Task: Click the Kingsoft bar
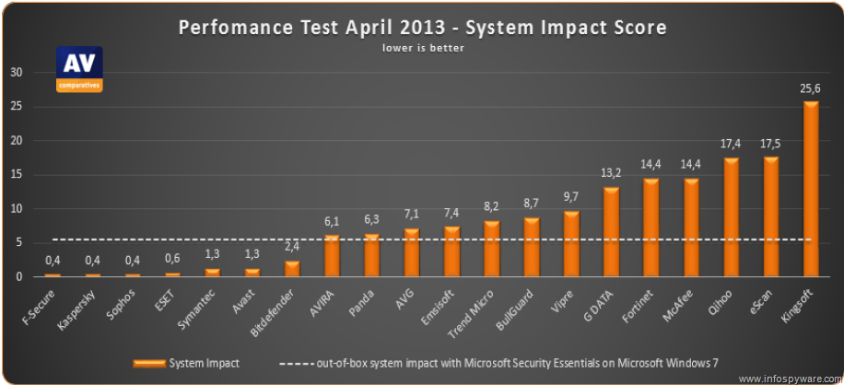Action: pyautogui.click(x=811, y=190)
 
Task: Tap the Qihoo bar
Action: pyautogui.click(x=731, y=217)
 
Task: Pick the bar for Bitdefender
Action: pyautogui.click(x=292, y=268)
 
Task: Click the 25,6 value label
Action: pyautogui.click(x=811, y=88)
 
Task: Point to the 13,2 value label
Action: pyautogui.click(x=611, y=173)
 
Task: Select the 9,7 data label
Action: pyautogui.click(x=571, y=197)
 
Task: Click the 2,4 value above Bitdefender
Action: pyautogui.click(x=292, y=246)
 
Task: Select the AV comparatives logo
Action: pyautogui.click(x=79, y=68)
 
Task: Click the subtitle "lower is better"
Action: pyautogui.click(x=423, y=48)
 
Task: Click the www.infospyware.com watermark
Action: pyautogui.click(x=789, y=378)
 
